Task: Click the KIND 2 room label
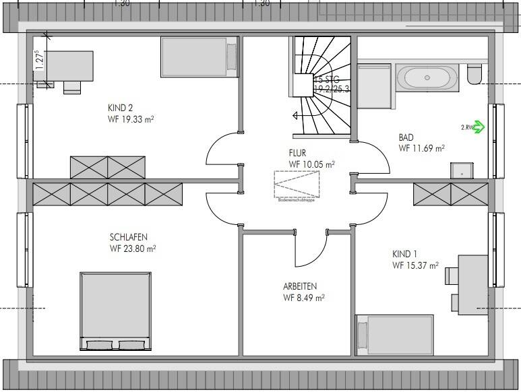coord(121,106)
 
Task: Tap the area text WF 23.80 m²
coord(133,248)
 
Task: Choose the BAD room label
coord(406,136)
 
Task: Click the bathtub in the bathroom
coord(427,77)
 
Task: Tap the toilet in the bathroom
coord(474,73)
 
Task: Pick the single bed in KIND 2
coord(200,57)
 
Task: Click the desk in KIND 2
coord(65,67)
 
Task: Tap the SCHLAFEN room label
coord(129,237)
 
